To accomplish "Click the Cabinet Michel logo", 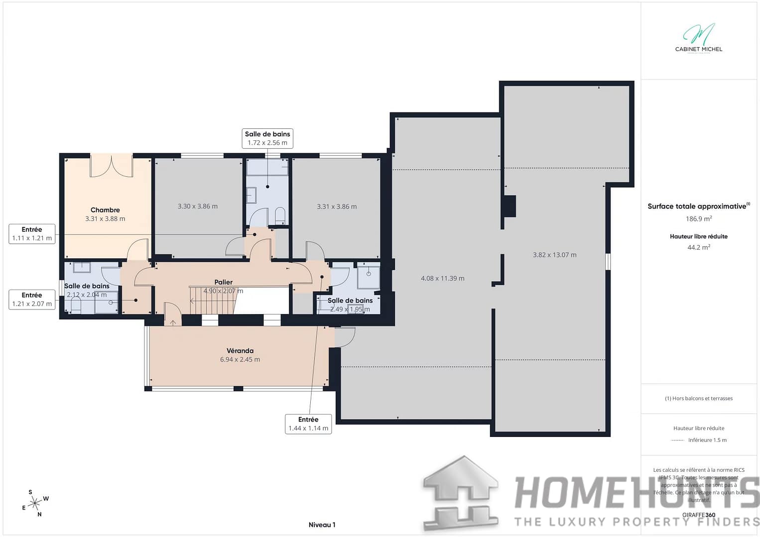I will (x=698, y=38).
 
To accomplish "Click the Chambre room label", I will (x=105, y=210).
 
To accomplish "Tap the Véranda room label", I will (x=240, y=351).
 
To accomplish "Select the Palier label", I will (x=224, y=282).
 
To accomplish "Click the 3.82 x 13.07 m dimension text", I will (x=554, y=255).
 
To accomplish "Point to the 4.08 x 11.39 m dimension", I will (x=442, y=279).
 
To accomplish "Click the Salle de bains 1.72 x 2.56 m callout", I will (x=267, y=138).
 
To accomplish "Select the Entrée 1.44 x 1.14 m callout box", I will (x=308, y=424).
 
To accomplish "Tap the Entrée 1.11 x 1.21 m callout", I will (x=32, y=234).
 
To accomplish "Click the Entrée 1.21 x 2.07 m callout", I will (x=32, y=300).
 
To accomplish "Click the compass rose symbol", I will (x=35, y=503).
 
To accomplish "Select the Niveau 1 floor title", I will (x=322, y=525).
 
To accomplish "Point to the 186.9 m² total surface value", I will (x=698, y=219).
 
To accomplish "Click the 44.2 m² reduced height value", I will (x=698, y=247).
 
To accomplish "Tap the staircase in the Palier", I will (x=212, y=301).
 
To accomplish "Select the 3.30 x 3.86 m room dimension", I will (x=198, y=207).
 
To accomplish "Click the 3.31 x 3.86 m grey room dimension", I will (x=337, y=207).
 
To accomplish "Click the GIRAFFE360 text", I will (x=698, y=515).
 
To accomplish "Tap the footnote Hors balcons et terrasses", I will (x=698, y=399).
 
